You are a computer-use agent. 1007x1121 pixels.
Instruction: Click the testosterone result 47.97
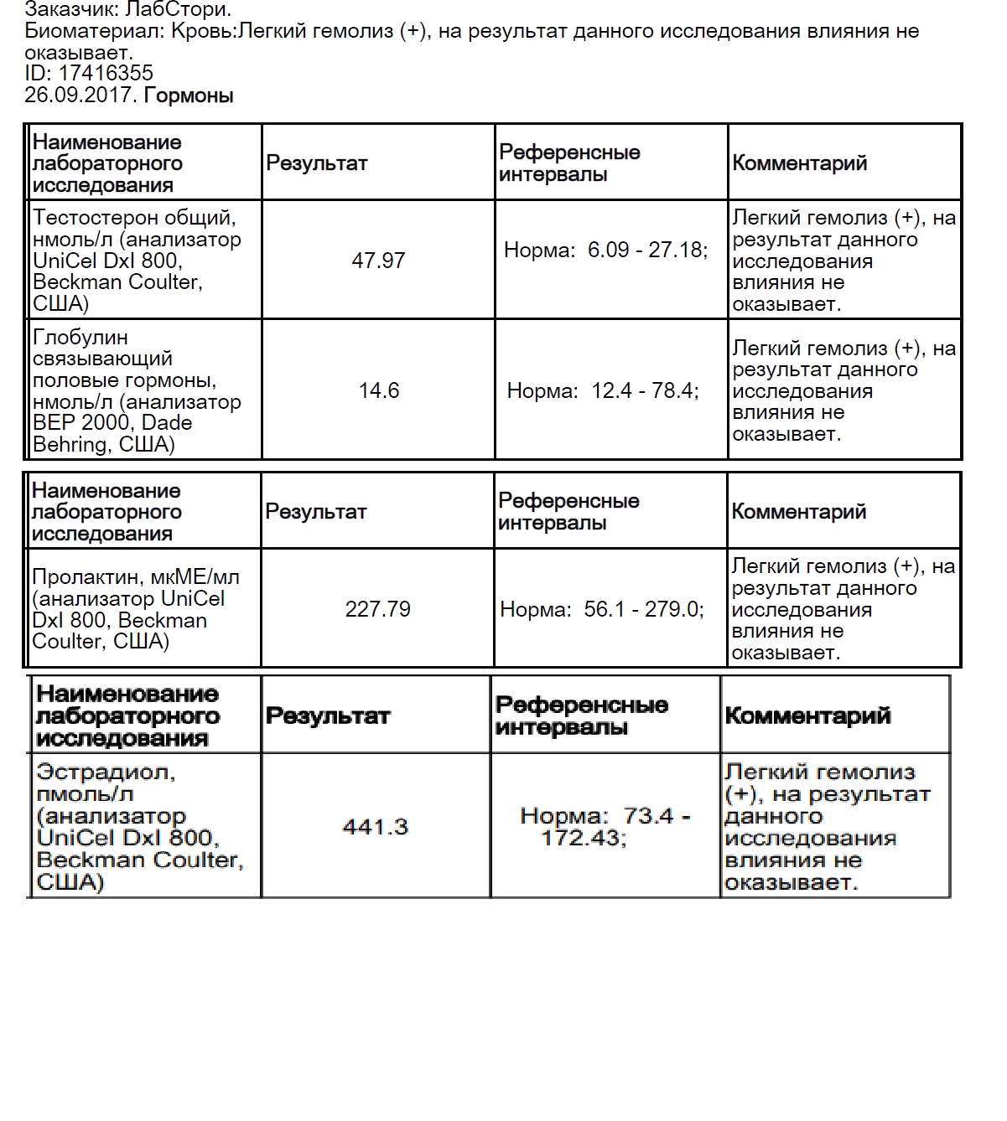(x=378, y=261)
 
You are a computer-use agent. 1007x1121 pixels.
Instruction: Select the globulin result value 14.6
(x=379, y=390)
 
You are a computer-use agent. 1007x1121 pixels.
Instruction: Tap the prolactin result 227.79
(x=377, y=609)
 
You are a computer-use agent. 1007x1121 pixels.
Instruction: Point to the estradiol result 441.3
(x=375, y=828)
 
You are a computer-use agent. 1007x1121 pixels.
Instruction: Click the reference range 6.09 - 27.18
(x=646, y=251)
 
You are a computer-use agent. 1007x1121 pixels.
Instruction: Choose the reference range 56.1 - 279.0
(x=643, y=609)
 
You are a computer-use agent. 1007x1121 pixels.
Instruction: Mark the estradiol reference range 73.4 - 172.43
(x=605, y=827)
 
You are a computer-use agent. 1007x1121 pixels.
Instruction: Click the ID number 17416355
(x=106, y=74)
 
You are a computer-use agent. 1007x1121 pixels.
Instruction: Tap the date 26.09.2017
(x=80, y=95)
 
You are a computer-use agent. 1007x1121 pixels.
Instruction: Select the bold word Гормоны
(x=189, y=96)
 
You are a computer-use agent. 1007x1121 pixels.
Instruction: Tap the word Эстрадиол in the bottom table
(x=106, y=772)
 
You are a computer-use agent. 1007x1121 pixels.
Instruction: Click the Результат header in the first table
(x=317, y=163)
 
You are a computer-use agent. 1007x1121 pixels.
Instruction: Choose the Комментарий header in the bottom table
(x=807, y=716)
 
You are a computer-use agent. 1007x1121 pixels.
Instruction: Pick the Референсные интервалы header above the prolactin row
(x=568, y=512)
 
